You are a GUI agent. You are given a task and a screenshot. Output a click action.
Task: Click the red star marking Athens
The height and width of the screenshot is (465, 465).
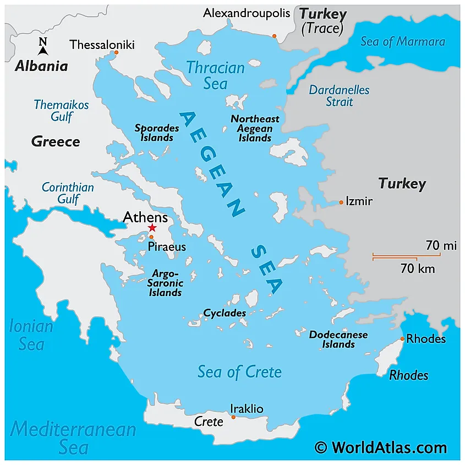tap(152, 228)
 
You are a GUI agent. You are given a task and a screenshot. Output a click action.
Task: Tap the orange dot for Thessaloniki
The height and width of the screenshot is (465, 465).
tap(116, 53)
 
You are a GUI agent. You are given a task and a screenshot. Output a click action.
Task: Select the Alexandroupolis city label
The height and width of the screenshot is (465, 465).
tap(246, 13)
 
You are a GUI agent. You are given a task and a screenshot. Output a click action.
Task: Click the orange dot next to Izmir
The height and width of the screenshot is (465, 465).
tap(341, 203)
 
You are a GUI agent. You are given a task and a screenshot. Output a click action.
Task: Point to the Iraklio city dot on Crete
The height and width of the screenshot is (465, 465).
tap(233, 417)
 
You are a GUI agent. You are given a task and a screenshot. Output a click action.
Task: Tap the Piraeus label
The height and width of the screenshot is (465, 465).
tap(167, 247)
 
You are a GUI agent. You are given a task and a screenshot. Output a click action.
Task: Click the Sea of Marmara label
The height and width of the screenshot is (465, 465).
tap(403, 41)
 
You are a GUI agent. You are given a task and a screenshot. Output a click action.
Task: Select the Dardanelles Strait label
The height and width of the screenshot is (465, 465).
tap(339, 96)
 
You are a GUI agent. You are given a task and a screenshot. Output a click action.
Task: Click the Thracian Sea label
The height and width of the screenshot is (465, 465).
tap(215, 75)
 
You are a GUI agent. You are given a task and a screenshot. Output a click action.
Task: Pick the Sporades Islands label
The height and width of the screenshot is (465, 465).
tap(157, 133)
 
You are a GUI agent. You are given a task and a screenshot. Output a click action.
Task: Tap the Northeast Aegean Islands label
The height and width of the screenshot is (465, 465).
tap(255, 128)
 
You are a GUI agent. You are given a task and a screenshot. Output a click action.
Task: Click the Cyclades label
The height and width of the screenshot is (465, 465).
tap(225, 313)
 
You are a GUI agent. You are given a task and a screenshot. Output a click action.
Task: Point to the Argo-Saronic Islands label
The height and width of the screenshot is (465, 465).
tap(165, 283)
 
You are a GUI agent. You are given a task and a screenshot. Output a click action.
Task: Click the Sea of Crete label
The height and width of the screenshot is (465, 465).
tap(239, 372)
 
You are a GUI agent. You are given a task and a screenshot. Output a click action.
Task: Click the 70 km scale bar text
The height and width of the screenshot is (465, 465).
tap(418, 269)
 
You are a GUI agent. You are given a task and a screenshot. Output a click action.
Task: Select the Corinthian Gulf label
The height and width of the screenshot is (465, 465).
tap(68, 193)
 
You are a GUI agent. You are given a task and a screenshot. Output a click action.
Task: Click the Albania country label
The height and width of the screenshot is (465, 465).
tap(41, 67)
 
